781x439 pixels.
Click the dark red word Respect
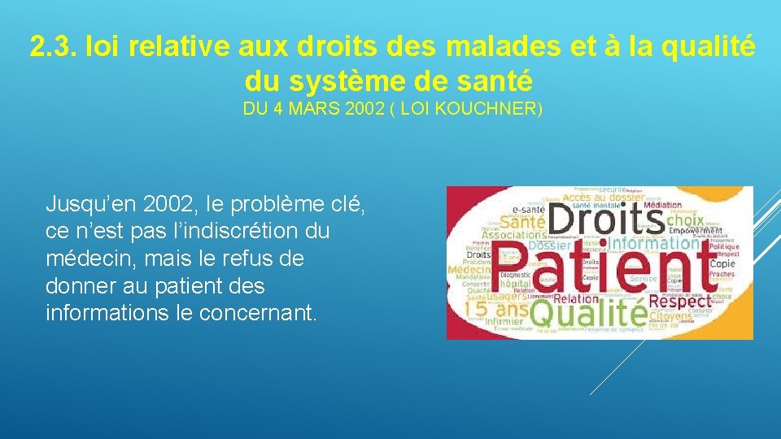(679, 300)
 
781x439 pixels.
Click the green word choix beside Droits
(684, 219)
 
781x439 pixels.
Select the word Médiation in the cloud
(663, 205)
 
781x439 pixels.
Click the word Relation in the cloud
(575, 298)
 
